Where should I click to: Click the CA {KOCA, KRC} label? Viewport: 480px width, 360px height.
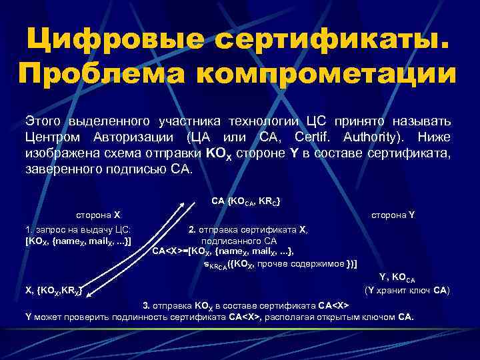[x=245, y=201]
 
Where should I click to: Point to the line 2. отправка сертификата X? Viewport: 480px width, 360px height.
[x=247, y=229]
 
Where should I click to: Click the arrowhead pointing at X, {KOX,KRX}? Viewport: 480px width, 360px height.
[x=87, y=290]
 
